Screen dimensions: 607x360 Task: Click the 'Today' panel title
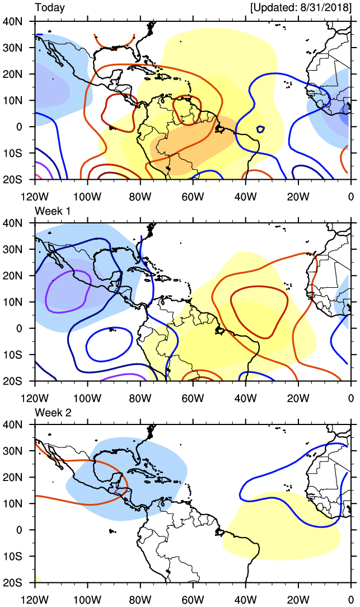coord(50,8)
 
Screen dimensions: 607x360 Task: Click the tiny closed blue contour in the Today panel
coord(260,129)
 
